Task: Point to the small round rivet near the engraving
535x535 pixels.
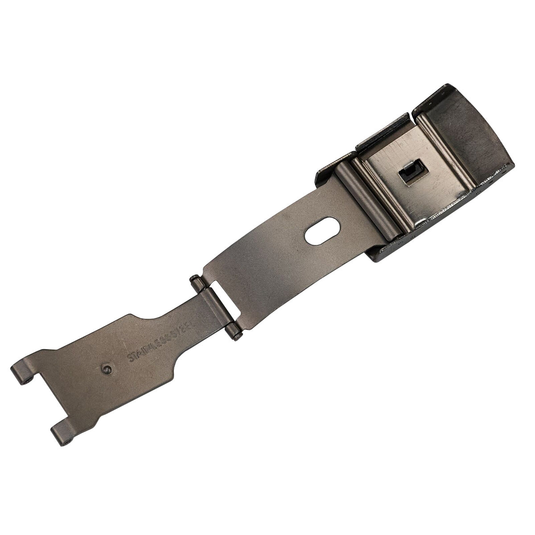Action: click(106, 368)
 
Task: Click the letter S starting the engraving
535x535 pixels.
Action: click(130, 357)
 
